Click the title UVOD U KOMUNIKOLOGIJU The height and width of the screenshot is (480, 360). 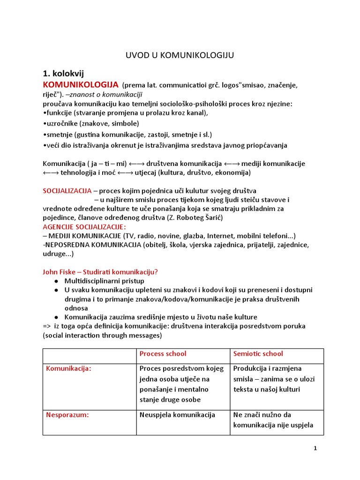coord(180,55)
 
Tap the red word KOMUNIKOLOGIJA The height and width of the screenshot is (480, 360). coord(80,85)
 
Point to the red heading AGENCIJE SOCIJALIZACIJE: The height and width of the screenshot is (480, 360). coord(84,226)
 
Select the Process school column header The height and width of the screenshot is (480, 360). coord(163,354)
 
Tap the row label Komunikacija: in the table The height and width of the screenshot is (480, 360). coord(68,368)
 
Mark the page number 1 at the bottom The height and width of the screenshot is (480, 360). coord(315,449)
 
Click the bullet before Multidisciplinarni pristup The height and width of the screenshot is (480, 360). coord(56,281)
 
